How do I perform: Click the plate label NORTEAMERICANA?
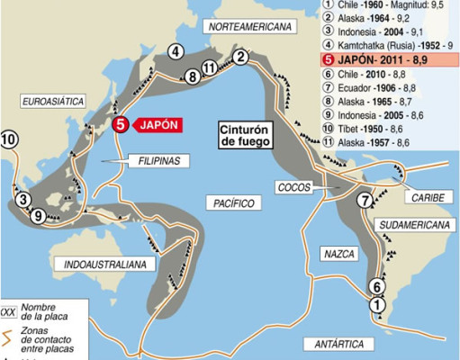coord(252,28)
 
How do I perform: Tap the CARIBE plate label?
coord(422,196)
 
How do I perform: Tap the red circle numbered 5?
coord(121,125)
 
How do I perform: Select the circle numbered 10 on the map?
coord(9,139)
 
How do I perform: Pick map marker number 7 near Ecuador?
coord(365,201)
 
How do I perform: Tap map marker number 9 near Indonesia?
coord(37,215)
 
